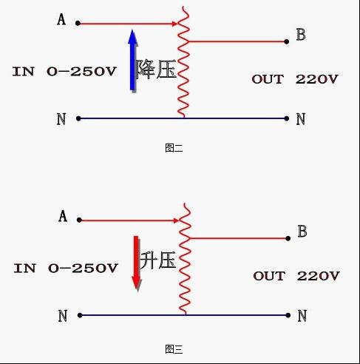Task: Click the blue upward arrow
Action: coord(133,61)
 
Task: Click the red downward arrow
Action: coord(136,263)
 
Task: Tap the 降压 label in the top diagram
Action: coord(156,69)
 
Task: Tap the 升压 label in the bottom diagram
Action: coord(157,260)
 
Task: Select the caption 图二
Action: coord(174,148)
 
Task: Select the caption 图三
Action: coord(174,349)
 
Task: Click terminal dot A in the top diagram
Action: coord(78,23)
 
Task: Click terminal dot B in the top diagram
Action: coord(286,41)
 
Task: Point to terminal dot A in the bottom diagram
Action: coord(79,220)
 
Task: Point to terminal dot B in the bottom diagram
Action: coord(288,238)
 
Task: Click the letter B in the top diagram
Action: coord(301,35)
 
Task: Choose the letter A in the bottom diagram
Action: coord(63,216)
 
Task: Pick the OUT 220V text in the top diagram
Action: coord(295,79)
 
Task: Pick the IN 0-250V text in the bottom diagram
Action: coord(66,268)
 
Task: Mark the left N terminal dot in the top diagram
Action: coord(78,118)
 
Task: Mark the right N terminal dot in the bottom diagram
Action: coord(288,315)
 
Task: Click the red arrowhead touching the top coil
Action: coord(174,24)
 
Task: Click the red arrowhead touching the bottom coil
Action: coord(176,220)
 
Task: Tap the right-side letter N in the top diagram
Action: coord(301,119)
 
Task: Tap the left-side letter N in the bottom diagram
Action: coord(63,316)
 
